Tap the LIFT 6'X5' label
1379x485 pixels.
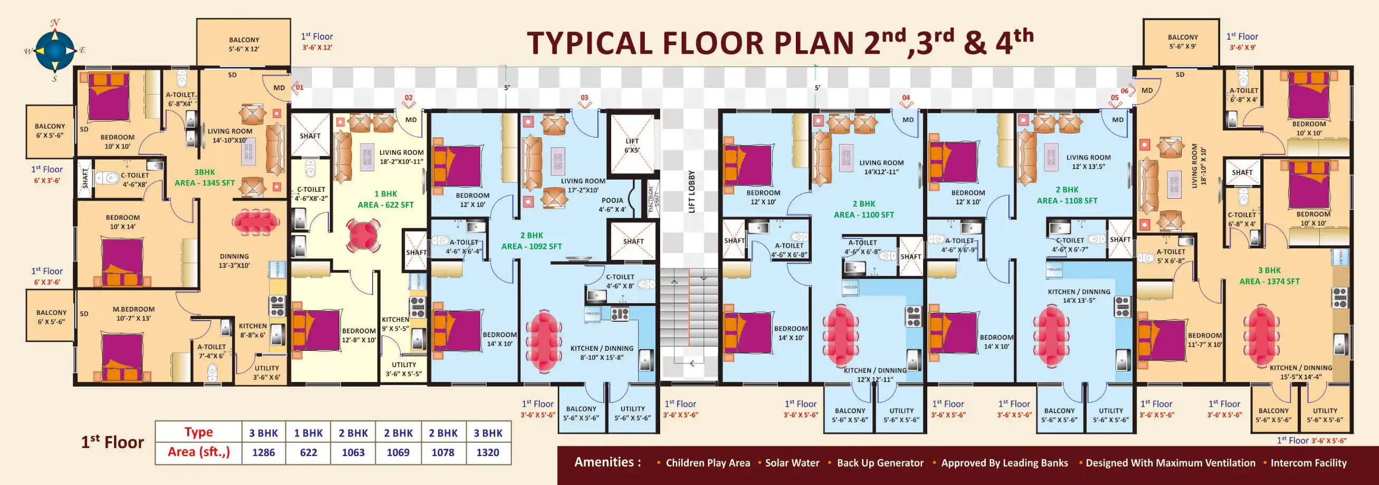(x=632, y=146)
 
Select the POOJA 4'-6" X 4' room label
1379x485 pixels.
(x=612, y=204)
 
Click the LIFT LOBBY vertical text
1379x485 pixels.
(x=691, y=191)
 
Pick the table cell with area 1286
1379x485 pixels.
(x=263, y=452)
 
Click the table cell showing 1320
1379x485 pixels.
(x=488, y=452)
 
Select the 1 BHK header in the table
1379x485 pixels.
(x=308, y=433)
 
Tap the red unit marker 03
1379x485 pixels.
(x=584, y=98)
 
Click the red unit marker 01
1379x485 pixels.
(x=299, y=87)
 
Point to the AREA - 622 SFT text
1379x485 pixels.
(x=385, y=204)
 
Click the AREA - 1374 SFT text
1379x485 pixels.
(x=1269, y=282)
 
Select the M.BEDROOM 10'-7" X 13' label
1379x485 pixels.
(x=134, y=313)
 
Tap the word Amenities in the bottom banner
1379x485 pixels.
(x=607, y=462)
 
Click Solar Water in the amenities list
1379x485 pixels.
(x=792, y=463)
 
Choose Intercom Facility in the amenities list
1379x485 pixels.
(x=1308, y=463)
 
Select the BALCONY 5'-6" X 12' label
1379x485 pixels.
(x=244, y=44)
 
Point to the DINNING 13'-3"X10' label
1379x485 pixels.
(x=234, y=260)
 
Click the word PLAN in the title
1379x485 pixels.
(x=808, y=43)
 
